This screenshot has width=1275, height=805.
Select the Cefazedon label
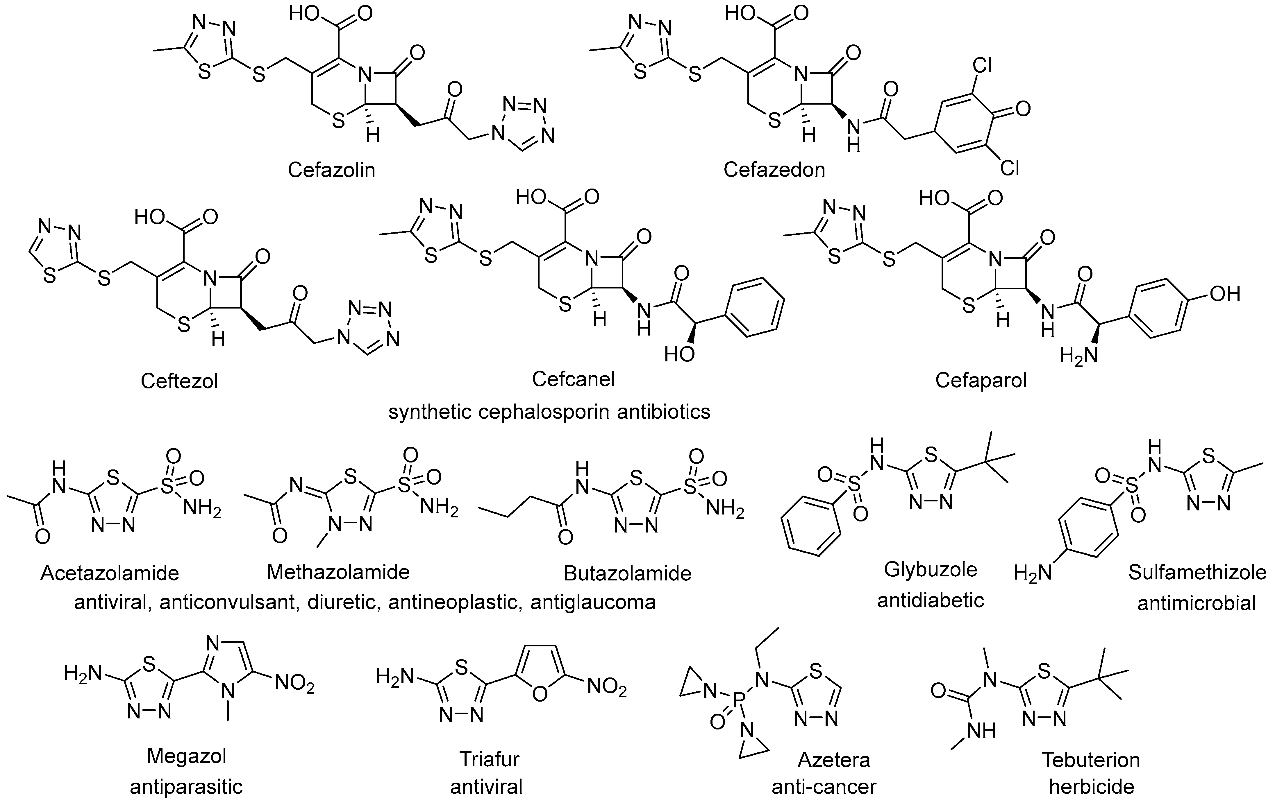point(774,170)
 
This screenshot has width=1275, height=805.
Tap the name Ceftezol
point(179,381)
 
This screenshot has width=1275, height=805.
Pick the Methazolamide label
point(338,572)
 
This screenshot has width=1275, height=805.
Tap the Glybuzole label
point(930,569)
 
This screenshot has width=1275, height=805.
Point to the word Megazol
point(186,756)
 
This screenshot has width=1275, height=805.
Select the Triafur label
point(489,759)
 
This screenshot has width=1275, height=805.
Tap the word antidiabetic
point(930,600)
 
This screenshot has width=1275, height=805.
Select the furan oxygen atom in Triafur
point(540,694)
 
